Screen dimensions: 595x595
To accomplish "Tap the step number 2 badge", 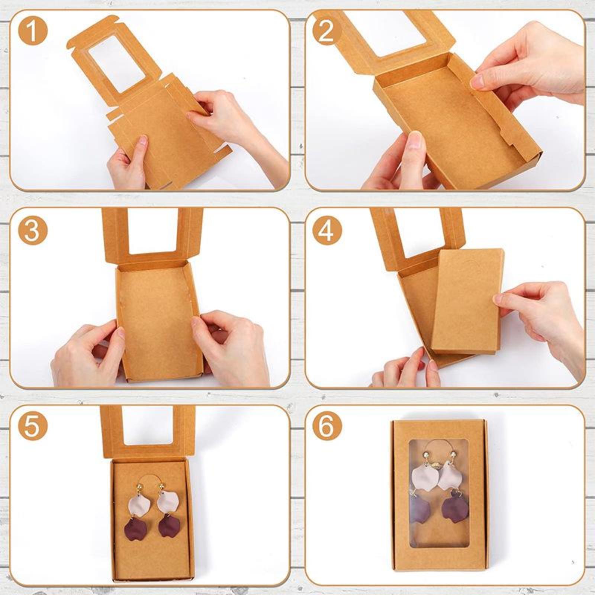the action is pos(327,31).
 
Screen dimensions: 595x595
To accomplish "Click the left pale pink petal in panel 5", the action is pos(139,503).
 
